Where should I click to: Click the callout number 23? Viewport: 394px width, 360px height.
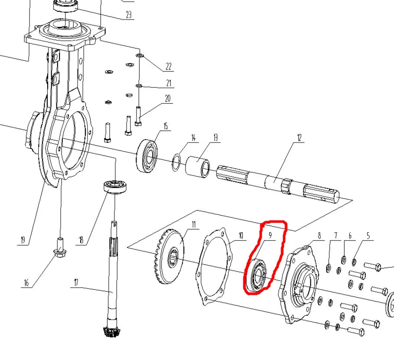point(129,15)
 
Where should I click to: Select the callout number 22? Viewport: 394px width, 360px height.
point(168,67)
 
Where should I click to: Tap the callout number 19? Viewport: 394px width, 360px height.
point(23,240)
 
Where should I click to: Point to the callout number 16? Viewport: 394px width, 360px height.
point(26,283)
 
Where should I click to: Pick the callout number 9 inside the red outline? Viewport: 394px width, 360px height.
point(270,235)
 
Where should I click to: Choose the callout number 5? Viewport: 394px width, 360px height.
point(368,236)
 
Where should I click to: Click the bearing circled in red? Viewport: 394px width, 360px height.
point(256,276)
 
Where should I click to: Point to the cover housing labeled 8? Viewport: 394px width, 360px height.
point(299,285)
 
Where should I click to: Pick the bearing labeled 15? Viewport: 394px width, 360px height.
point(147,156)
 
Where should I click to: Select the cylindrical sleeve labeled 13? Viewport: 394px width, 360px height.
point(198,166)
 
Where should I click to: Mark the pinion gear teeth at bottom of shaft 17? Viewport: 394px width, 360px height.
point(111,331)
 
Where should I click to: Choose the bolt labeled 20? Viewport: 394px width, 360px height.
point(138,116)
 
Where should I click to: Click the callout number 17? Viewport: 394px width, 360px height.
point(76,282)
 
